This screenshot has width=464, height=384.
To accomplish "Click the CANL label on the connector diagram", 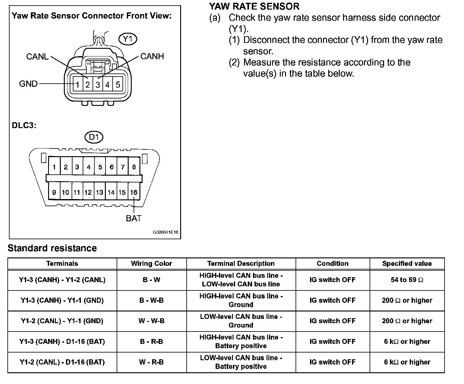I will pyautogui.click(x=37, y=56).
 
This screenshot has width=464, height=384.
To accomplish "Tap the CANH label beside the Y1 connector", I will pyautogui.click(x=152, y=56).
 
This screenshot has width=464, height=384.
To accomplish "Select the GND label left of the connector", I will pyautogui.click(x=28, y=84).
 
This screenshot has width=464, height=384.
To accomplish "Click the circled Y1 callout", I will pyautogui.click(x=127, y=39).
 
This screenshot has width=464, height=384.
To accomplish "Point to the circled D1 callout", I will pyautogui.click(x=93, y=137).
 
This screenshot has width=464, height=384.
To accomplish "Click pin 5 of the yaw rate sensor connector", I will pyautogui.click(x=118, y=85).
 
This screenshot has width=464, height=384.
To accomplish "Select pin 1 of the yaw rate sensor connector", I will pyautogui.click(x=78, y=85).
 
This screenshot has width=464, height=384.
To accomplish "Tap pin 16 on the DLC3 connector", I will pyautogui.click(x=134, y=192).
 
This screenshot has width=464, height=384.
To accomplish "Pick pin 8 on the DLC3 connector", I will pyautogui.click(x=134, y=167).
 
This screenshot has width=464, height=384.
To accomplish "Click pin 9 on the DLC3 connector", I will pyautogui.click(x=54, y=192).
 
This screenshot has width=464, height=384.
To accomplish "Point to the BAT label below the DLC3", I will pyautogui.click(x=134, y=218).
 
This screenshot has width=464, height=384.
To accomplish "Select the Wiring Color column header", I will pyautogui.click(x=151, y=264).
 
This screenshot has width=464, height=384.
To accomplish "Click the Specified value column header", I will pyautogui.click(x=407, y=264).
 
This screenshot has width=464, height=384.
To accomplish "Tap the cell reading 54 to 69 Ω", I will pyautogui.click(x=407, y=280).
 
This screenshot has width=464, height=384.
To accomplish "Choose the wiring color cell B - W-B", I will pyautogui.click(x=151, y=300).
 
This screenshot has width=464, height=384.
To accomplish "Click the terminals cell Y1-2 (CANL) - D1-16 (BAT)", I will pyautogui.click(x=62, y=362).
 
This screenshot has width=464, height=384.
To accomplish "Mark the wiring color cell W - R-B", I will pyautogui.click(x=151, y=362).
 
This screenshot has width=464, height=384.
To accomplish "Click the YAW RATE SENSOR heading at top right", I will pyautogui.click(x=254, y=6).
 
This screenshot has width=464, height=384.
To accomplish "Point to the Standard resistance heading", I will pyautogui.click(x=52, y=248).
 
